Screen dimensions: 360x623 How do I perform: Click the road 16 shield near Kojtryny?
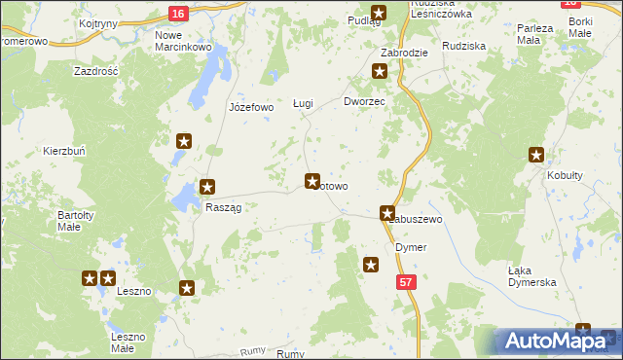click(176, 13)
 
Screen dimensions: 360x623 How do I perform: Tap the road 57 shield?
click(407, 280)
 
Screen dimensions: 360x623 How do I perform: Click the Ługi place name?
click(304, 103)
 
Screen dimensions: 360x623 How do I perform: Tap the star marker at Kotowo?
click(312, 180)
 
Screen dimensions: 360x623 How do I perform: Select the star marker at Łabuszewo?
click(388, 213)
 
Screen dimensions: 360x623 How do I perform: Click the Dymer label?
click(411, 247)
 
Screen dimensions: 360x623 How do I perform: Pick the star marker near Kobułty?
click(536, 154)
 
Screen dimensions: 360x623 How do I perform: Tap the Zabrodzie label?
click(406, 53)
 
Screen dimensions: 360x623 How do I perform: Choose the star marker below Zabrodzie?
click(380, 71)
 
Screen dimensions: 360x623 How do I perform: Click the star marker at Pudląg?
click(379, 13)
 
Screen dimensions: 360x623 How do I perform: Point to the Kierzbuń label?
click(64, 152)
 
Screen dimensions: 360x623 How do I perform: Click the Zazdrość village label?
click(95, 72)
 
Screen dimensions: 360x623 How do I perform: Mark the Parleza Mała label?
click(534, 34)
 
